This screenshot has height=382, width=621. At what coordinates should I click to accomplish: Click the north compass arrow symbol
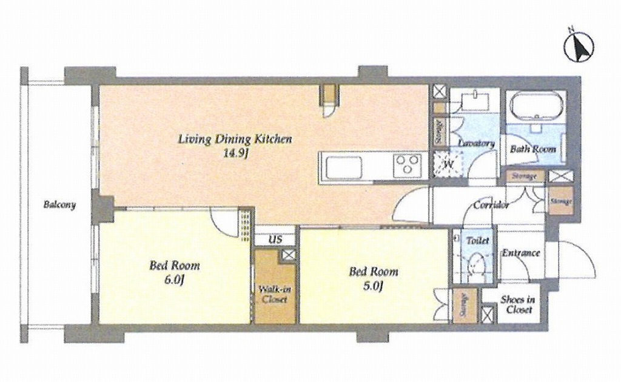pyautogui.click(x=579, y=47)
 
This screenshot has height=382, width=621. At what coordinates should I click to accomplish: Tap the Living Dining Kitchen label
pyautogui.click(x=235, y=139)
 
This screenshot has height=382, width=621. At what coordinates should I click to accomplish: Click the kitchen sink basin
pyautogui.click(x=344, y=167)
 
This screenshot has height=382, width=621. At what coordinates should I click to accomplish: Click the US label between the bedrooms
pyautogui.click(x=275, y=240)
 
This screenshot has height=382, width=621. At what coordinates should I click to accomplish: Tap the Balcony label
pyautogui.click(x=59, y=205)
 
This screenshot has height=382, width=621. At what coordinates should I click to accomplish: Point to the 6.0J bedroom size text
pyautogui.click(x=174, y=280)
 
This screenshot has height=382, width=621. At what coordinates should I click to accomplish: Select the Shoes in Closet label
pyautogui.click(x=517, y=304)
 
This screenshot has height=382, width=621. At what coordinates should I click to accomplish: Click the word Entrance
pyautogui.click(x=521, y=253)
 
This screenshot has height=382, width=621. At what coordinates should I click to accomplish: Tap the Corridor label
pyautogui.click(x=491, y=206)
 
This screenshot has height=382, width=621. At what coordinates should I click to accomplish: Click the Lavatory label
pyautogui.click(x=476, y=143)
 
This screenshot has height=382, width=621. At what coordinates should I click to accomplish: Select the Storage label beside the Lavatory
pyautogui.click(x=439, y=130)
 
